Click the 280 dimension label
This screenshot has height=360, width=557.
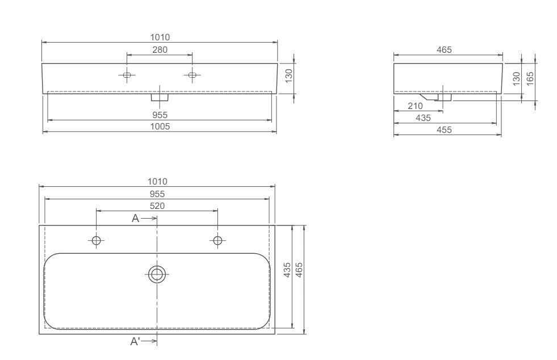(160, 50)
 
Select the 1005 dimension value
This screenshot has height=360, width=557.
(160, 127)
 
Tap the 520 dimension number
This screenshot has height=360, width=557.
(157, 206)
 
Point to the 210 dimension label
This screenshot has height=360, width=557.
(415, 106)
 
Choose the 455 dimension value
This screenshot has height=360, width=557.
(444, 130)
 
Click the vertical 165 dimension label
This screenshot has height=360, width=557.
(530, 79)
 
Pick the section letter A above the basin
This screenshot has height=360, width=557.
(135, 218)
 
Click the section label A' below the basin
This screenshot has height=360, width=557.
(135, 341)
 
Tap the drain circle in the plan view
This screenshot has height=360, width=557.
(157, 274)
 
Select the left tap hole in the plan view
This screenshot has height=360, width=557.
(97, 241)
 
